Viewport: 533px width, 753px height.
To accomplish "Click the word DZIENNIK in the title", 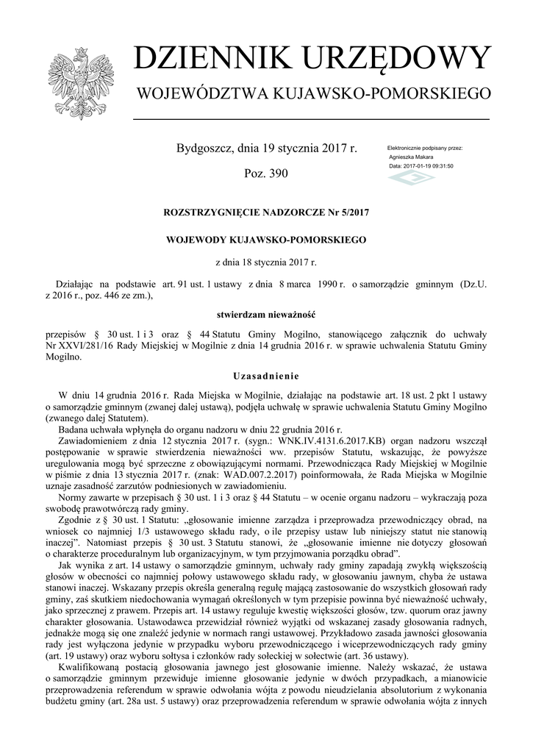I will pos(212,59).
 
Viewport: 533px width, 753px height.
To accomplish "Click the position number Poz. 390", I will pos(265,174).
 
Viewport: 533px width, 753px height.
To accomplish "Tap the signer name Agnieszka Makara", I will pos(412,157).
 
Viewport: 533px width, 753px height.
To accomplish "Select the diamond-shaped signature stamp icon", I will pos(411,179).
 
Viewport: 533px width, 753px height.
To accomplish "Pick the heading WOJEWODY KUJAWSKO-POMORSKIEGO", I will pos(265,240).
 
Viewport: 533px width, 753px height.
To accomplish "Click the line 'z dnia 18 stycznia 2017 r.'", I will pos(265,262).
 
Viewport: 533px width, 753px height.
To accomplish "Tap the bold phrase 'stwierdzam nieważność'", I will pos(265,315).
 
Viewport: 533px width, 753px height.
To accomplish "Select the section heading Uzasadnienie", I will pos(265,375).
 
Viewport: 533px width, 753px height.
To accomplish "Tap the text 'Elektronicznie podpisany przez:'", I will pos(425,149).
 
